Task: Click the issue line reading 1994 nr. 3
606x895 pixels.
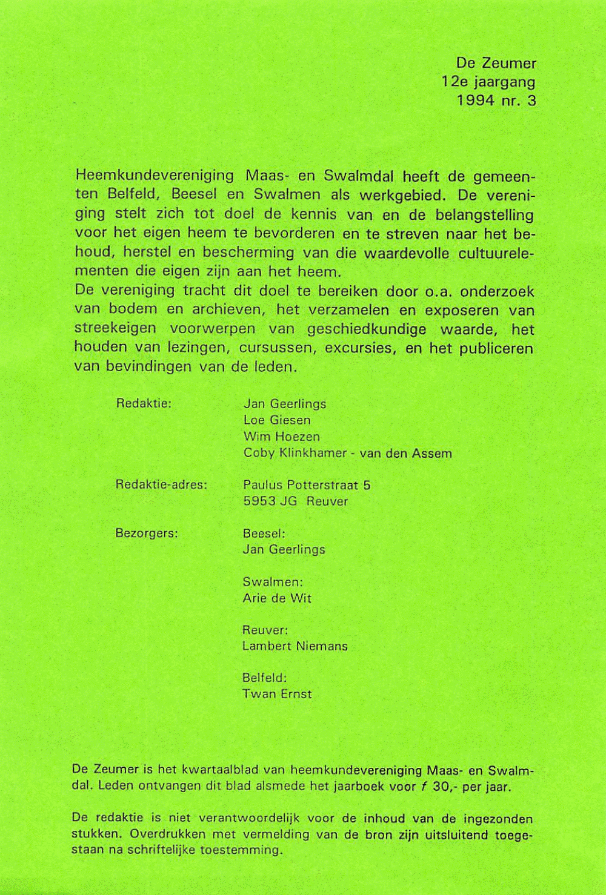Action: (x=496, y=101)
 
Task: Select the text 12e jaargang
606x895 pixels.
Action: (x=488, y=82)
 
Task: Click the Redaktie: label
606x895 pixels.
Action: (x=144, y=403)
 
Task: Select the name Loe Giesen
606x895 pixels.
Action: (x=277, y=420)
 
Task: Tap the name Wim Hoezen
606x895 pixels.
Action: (x=281, y=436)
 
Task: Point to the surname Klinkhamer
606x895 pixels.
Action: (x=313, y=453)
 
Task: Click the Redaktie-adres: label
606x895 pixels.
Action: (x=161, y=484)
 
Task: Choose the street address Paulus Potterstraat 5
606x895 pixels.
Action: (x=307, y=484)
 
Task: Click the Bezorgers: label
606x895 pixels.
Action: (x=147, y=533)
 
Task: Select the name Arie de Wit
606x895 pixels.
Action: (x=277, y=598)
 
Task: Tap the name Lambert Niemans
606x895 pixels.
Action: (x=295, y=646)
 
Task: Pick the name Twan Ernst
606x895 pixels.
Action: (x=277, y=694)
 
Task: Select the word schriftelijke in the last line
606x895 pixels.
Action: (x=161, y=850)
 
